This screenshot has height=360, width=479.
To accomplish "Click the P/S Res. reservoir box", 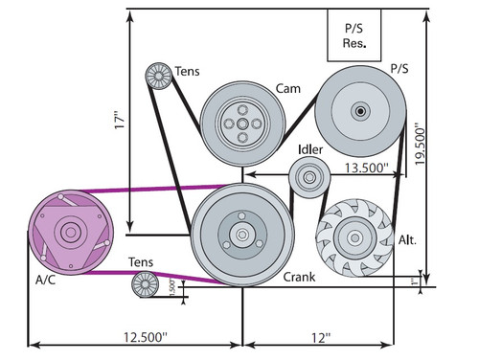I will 356,35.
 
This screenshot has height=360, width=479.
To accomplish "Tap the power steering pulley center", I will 360,111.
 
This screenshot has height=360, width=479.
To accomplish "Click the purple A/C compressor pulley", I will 69,233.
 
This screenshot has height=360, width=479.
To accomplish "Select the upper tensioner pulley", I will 157,77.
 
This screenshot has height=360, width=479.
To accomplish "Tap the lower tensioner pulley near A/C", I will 144,283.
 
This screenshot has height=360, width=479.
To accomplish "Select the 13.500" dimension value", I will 364,168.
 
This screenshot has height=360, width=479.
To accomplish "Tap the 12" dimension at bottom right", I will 320,338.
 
